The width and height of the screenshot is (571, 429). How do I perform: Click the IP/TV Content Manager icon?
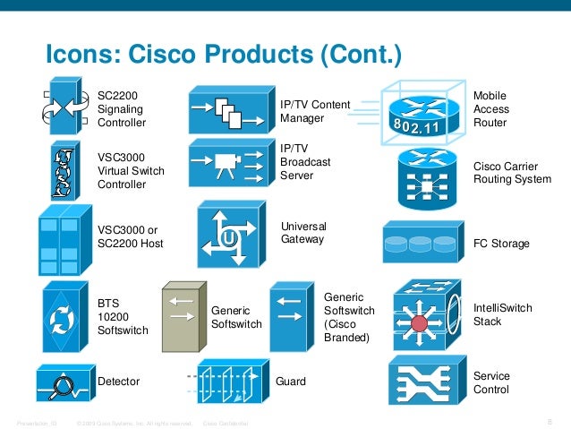click(227, 110)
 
